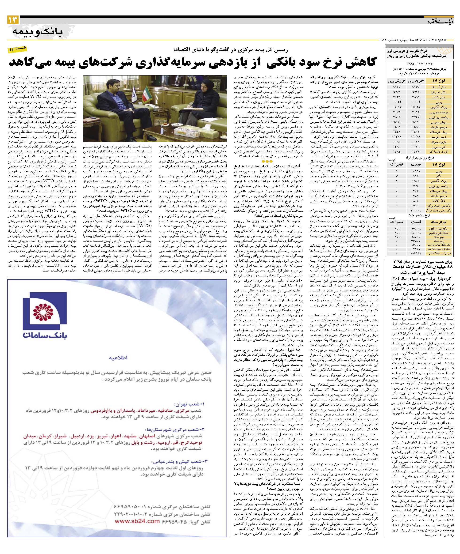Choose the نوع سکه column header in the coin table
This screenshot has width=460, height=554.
[439, 222]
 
